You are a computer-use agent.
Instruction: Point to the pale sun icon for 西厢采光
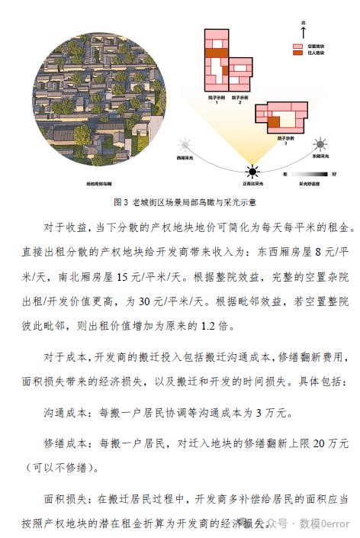[x=184, y=144]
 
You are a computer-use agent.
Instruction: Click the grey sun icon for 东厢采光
[x=321, y=143]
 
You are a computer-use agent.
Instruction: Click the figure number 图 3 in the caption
[x=119, y=202]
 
